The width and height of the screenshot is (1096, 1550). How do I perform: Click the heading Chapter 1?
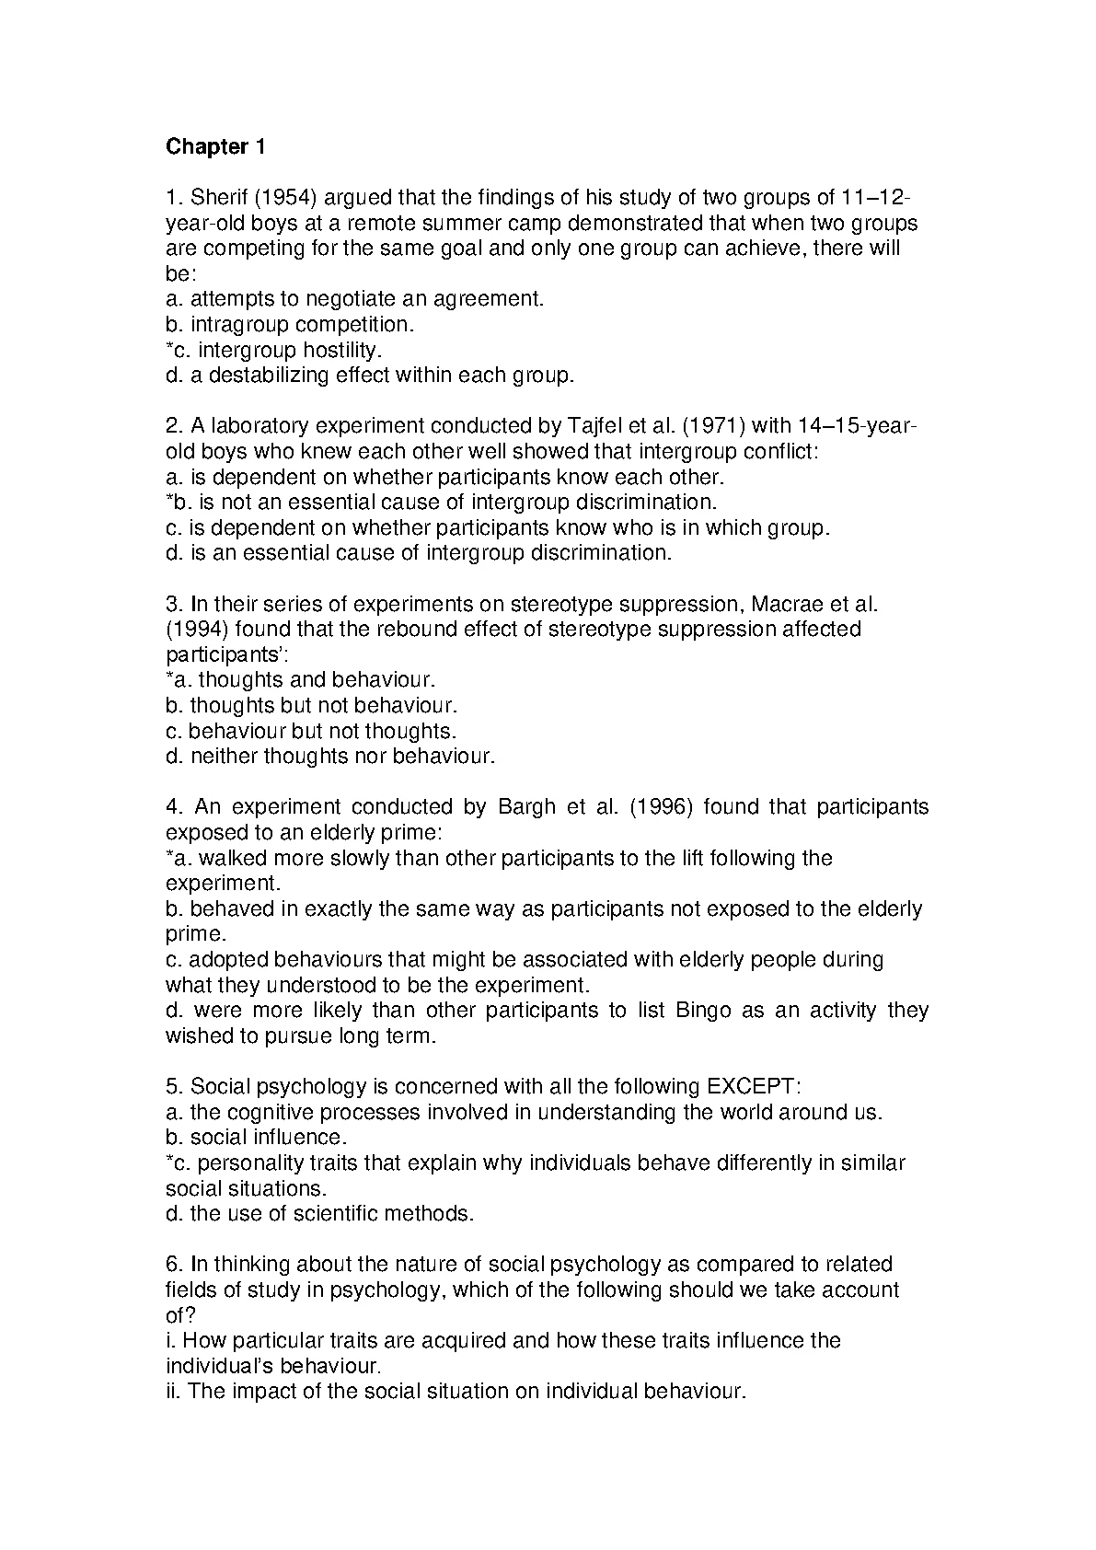[215, 147]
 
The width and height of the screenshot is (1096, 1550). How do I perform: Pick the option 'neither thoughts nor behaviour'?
[341, 757]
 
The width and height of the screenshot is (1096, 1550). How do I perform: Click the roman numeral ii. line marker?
[174, 1392]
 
